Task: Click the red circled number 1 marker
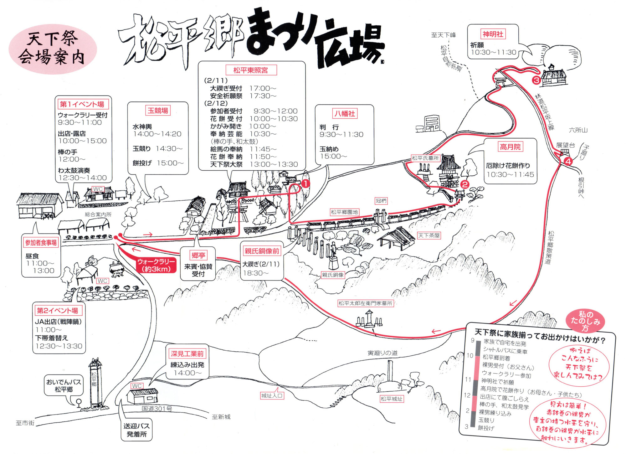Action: point(305,183)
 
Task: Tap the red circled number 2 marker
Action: point(465,184)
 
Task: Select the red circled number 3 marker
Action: point(536,80)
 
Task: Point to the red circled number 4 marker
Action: point(568,162)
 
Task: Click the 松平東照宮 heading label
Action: point(251,70)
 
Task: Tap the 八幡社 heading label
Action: point(345,113)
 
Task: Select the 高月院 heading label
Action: point(510,147)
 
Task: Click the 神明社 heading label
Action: point(493,34)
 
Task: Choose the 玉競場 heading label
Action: point(158,111)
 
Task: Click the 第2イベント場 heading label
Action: point(58,310)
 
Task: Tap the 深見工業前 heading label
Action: point(187,354)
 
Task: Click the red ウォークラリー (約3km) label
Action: point(156,265)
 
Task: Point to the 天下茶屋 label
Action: point(429,235)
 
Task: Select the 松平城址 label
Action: point(392,399)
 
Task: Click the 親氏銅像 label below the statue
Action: point(333,275)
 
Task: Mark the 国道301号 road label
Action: point(157,409)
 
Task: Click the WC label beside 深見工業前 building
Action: point(136,386)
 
